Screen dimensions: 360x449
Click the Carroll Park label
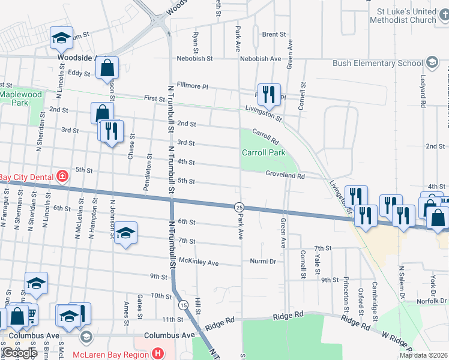263,152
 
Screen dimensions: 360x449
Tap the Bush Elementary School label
377,63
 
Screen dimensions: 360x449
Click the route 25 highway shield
239,206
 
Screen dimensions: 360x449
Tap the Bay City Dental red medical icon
62,176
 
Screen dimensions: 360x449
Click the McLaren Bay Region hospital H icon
158,353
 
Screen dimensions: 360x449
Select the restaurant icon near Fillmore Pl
269,94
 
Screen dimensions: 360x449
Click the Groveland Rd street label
285,176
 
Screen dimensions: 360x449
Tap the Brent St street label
273,35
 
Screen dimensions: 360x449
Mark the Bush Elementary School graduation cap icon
432,63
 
